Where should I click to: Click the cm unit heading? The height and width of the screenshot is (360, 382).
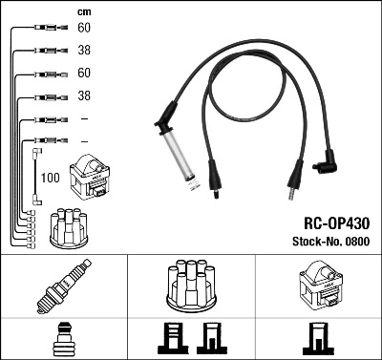[82, 11]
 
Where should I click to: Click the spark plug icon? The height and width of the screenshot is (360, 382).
[63, 284]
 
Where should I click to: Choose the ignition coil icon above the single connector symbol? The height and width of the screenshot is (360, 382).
[318, 284]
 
